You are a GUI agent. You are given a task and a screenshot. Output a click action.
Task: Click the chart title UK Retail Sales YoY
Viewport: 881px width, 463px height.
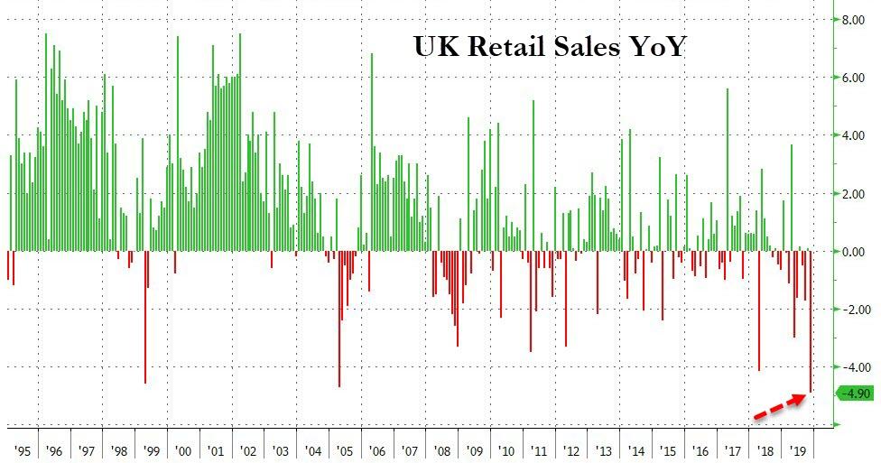click(x=549, y=45)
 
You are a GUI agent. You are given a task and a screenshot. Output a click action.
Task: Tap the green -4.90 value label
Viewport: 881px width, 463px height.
click(x=854, y=394)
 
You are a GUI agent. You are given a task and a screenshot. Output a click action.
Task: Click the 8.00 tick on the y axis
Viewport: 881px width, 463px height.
click(x=854, y=19)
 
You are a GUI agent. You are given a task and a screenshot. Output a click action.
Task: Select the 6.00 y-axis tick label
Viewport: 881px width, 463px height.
click(x=854, y=78)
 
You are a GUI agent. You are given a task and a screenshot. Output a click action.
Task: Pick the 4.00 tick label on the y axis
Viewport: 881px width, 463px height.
click(x=854, y=135)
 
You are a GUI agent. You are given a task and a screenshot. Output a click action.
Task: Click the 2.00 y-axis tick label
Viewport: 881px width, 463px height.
click(x=854, y=193)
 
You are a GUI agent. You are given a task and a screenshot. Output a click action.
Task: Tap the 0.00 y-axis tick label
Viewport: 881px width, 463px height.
click(x=854, y=251)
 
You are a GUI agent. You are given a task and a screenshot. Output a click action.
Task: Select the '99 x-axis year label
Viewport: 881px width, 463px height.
click(x=151, y=449)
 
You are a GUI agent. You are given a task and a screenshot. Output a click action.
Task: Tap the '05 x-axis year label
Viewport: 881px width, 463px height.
click(x=344, y=449)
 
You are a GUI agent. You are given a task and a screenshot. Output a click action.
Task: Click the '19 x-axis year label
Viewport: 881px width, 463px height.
click(x=797, y=449)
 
